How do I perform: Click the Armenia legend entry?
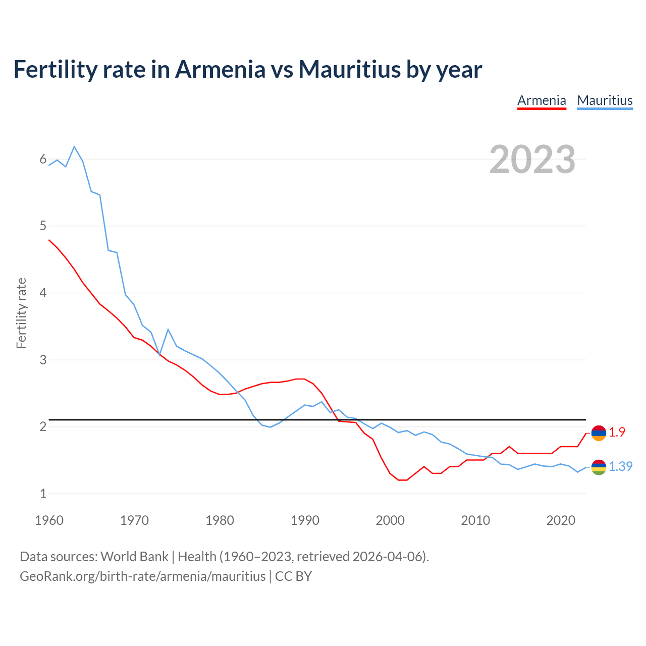[542, 100]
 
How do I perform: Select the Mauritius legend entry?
[605, 100]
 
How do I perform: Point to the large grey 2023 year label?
[532, 159]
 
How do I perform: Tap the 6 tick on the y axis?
[43, 159]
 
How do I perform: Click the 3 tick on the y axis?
[43, 360]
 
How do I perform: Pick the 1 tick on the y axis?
[43, 494]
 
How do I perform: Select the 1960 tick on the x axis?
[49, 520]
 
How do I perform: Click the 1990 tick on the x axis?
[305, 520]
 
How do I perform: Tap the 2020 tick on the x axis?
[561, 520]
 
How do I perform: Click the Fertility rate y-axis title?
[21, 313]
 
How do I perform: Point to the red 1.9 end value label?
[617, 433]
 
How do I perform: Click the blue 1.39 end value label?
[620, 467]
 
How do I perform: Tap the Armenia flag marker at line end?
[599, 433]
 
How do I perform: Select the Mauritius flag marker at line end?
[599, 467]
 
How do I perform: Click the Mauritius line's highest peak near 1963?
[74, 147]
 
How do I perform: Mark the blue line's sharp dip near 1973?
[159, 355]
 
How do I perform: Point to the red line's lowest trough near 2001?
[402, 480]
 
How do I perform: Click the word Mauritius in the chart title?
[349, 69]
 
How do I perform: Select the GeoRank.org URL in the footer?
[142, 576]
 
